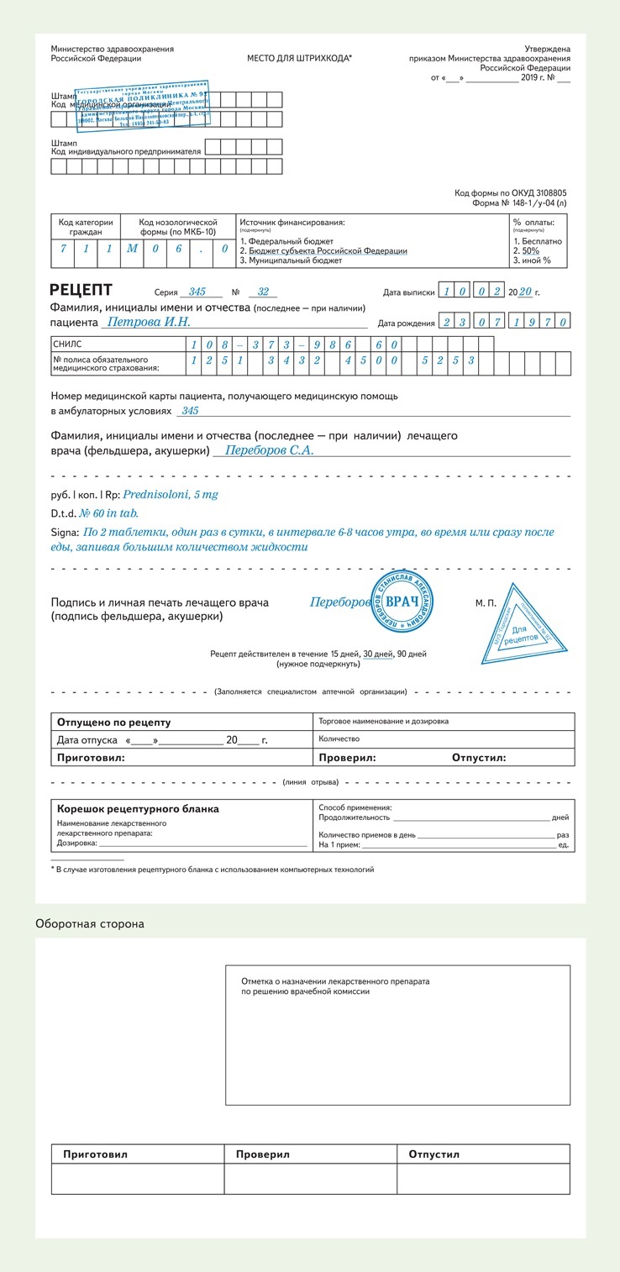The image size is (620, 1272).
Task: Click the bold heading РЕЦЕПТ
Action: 81,291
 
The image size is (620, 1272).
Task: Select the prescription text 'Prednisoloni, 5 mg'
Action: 171,494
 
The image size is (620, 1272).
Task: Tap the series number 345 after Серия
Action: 197,292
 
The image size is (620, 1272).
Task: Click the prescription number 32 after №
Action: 263,292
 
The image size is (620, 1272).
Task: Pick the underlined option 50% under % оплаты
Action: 530,250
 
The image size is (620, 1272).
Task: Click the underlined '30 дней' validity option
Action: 378,653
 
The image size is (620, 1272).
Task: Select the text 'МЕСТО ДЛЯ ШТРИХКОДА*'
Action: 299,59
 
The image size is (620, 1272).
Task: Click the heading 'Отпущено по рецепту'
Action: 113,722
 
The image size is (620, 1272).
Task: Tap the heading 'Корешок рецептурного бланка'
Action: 138,808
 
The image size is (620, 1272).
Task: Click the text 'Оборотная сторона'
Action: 89,923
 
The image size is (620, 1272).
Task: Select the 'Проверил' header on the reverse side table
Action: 263,1154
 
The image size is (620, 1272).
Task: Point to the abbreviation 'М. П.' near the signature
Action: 486,603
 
